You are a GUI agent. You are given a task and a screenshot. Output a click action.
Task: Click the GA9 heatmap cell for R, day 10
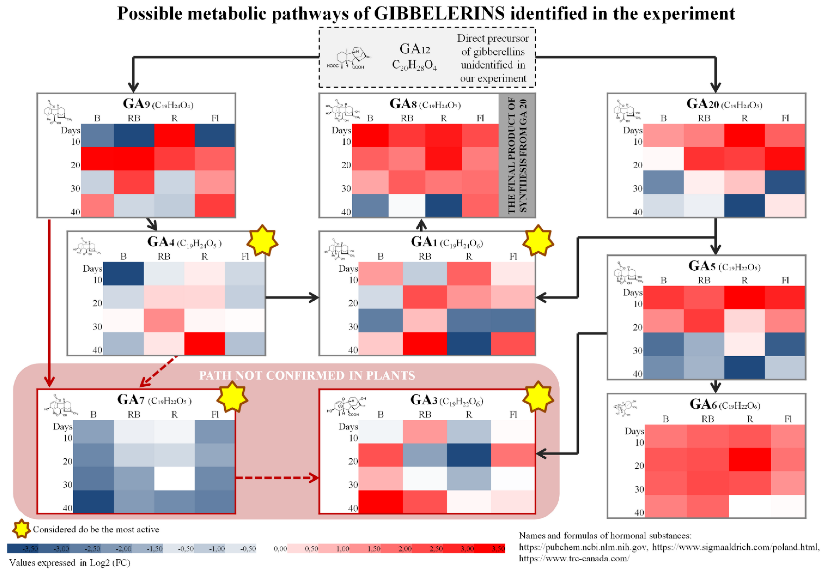click(175, 135)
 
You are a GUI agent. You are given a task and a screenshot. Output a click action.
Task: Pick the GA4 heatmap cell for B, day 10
click(124, 274)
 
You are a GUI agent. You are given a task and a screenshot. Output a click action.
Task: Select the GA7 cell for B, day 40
click(93, 502)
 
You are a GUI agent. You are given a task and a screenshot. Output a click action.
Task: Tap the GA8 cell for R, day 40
click(444, 205)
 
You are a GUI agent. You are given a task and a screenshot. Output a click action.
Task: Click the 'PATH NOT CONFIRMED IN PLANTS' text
click(307, 375)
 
